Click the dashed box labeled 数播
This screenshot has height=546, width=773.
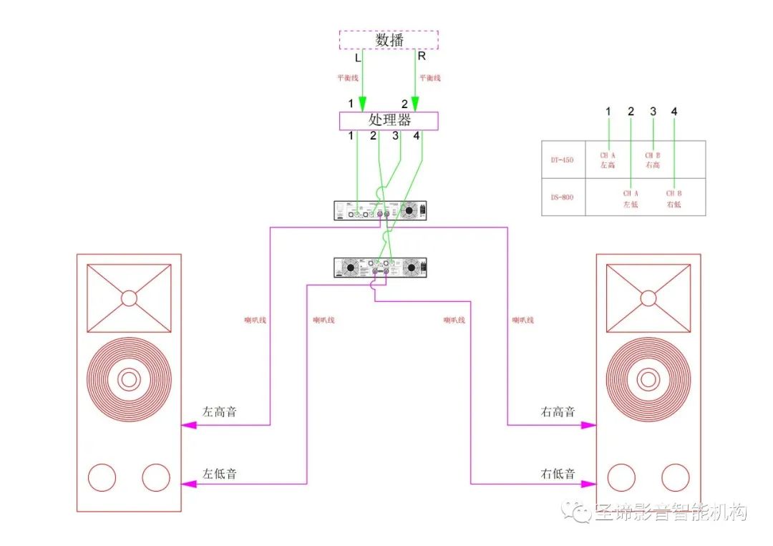click(x=388, y=40)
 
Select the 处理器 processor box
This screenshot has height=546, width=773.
click(x=388, y=120)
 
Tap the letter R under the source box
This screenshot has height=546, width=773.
click(x=422, y=56)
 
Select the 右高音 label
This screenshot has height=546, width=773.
click(x=558, y=412)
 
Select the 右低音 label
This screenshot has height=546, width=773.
click(x=558, y=474)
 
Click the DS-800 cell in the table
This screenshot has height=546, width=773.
click(x=563, y=198)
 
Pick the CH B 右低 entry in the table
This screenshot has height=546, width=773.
click(x=674, y=199)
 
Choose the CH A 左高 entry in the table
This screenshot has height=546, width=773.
click(x=608, y=160)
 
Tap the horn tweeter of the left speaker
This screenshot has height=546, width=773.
click(x=129, y=298)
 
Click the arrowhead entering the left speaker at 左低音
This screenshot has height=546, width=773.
click(x=189, y=484)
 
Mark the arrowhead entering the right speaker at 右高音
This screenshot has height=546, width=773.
click(x=588, y=424)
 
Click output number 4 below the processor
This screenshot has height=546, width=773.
click(x=417, y=135)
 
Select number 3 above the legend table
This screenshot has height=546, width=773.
click(x=653, y=112)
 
